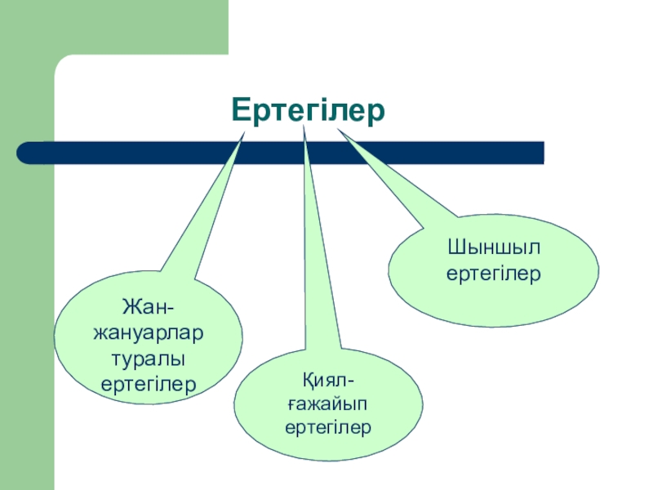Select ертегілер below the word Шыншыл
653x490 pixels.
[x=493, y=275]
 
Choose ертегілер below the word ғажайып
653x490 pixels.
[x=328, y=426]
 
